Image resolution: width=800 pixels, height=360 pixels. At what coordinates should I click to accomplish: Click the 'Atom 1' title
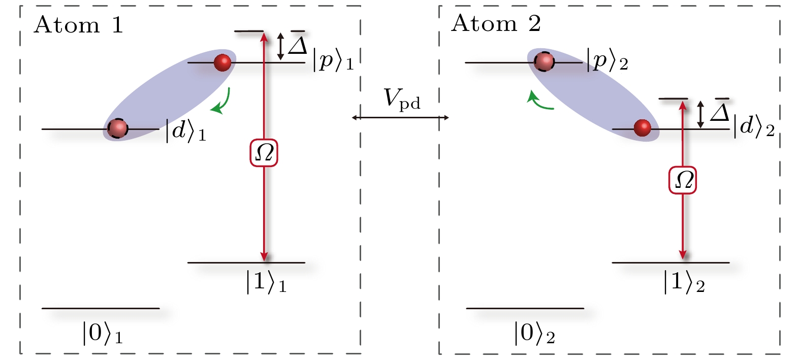point(79,25)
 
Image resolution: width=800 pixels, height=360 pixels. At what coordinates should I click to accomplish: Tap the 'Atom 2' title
point(496,23)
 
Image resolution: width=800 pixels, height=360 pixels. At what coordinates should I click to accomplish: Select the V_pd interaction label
point(402,99)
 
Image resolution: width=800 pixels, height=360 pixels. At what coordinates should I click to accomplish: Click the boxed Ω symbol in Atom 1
point(264,152)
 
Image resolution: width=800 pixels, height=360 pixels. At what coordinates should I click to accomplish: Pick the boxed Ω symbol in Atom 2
point(682,180)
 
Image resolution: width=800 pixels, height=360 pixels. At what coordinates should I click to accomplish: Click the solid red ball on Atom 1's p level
point(222,62)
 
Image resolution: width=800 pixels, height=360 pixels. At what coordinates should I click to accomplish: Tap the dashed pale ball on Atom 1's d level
point(118,128)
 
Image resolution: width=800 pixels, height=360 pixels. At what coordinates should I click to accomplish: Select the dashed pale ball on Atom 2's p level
point(544,62)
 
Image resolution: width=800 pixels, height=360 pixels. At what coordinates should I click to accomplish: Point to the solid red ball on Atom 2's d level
point(643,128)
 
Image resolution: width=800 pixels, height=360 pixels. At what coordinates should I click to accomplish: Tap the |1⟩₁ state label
point(266,282)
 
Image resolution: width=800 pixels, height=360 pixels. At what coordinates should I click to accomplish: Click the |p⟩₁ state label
point(333,61)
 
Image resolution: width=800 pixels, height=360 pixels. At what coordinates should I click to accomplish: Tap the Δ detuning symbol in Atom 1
point(298,44)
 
